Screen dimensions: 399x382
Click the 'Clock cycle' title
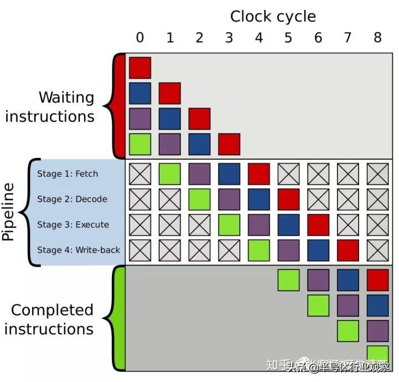pyautogui.click(x=273, y=16)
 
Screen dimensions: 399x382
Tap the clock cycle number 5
pyautogui.click(x=288, y=38)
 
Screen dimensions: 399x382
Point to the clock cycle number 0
pyautogui.click(x=140, y=38)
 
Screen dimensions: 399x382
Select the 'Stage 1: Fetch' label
pyautogui.click(x=68, y=174)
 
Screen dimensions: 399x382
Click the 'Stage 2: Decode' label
pyautogui.click(x=72, y=199)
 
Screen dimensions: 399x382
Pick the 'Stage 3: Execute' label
pyautogui.click(x=73, y=225)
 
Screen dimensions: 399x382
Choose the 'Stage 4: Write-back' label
pyautogui.click(x=79, y=250)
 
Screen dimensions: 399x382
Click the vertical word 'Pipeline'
pyautogui.click(x=9, y=212)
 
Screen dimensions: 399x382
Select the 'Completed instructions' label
pyautogui.click(x=49, y=319)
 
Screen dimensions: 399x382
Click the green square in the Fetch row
pyautogui.click(x=170, y=174)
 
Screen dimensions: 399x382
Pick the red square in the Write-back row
pyautogui.click(x=347, y=250)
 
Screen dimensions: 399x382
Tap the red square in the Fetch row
pyautogui.click(x=259, y=174)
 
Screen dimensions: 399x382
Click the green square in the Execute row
pyautogui.click(x=229, y=225)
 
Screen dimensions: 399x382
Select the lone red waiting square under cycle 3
pyautogui.click(x=229, y=144)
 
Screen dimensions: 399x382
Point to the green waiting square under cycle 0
pyautogui.click(x=140, y=144)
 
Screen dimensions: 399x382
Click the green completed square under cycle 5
pyautogui.click(x=288, y=279)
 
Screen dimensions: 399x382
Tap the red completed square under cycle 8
pyautogui.click(x=377, y=279)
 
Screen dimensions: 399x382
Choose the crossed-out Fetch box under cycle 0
pyautogui.click(x=140, y=174)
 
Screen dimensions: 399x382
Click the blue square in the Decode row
pyautogui.click(x=259, y=199)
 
